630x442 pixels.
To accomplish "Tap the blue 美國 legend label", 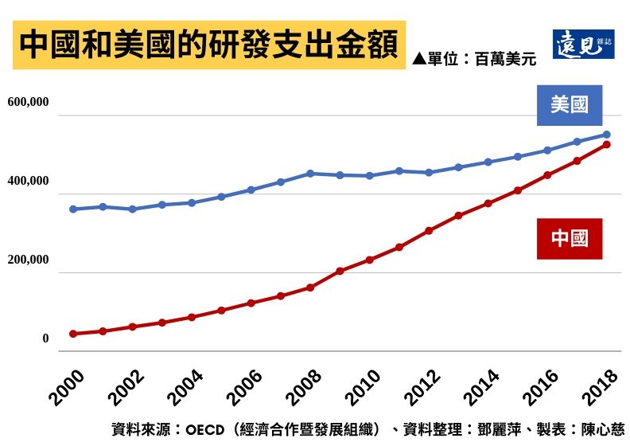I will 569,104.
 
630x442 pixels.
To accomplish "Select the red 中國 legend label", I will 569,238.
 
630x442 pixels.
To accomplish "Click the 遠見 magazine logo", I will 583,45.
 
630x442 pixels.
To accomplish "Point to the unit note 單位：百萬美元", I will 475,58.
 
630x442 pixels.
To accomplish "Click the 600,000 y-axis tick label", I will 29,103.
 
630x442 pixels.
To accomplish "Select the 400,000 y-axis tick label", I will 29,182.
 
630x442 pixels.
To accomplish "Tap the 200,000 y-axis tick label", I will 29,260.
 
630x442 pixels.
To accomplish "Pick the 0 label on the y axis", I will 45,338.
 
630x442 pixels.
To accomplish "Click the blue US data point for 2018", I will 607,135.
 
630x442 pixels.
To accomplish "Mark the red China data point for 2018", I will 607,144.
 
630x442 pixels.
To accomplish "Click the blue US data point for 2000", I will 73,209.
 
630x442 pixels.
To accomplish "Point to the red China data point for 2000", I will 73,334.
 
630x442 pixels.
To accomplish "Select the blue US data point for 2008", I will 310,173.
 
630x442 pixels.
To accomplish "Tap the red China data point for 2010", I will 370,260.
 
